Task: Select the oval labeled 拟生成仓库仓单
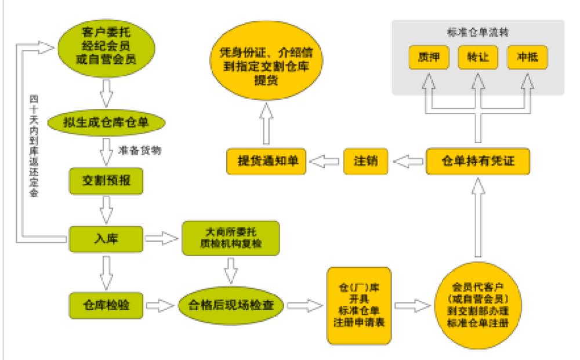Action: click(106, 122)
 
